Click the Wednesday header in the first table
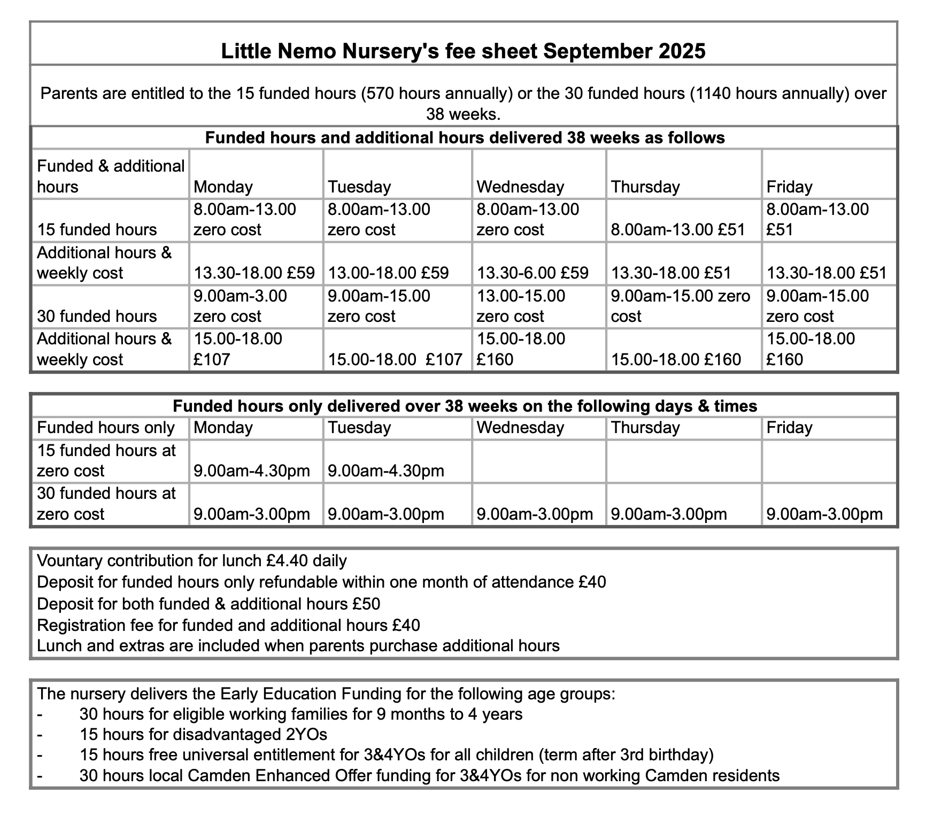click(520, 187)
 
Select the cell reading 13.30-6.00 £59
click(532, 273)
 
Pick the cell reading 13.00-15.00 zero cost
click(520, 306)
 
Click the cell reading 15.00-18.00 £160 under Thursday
click(676, 359)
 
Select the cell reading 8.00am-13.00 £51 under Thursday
click(677, 230)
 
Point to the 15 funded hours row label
click(97, 230)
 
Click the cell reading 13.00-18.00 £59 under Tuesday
click(388, 273)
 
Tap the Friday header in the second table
click(789, 428)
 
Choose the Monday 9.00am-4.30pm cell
click(251, 471)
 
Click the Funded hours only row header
click(106, 428)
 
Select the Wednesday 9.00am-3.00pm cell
click(535, 514)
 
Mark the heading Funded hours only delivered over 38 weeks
click(465, 406)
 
